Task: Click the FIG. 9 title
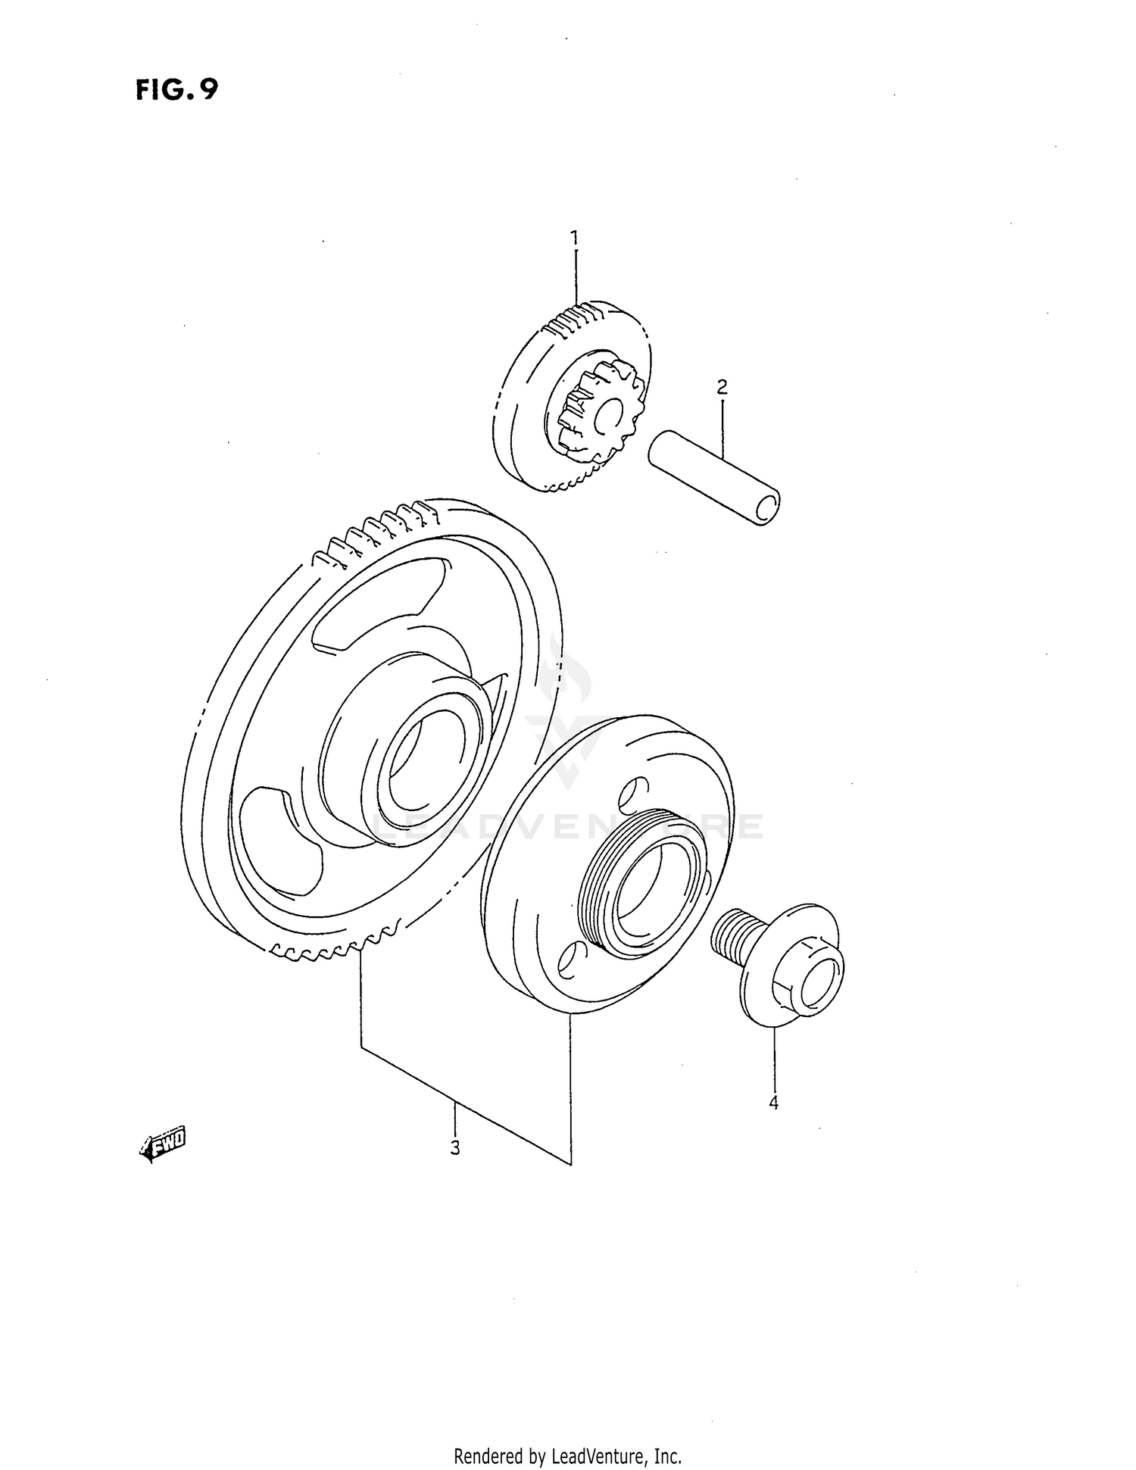176,90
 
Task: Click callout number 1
575,239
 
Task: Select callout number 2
722,388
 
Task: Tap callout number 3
454,1148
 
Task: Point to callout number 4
773,1103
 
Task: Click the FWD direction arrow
163,1147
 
